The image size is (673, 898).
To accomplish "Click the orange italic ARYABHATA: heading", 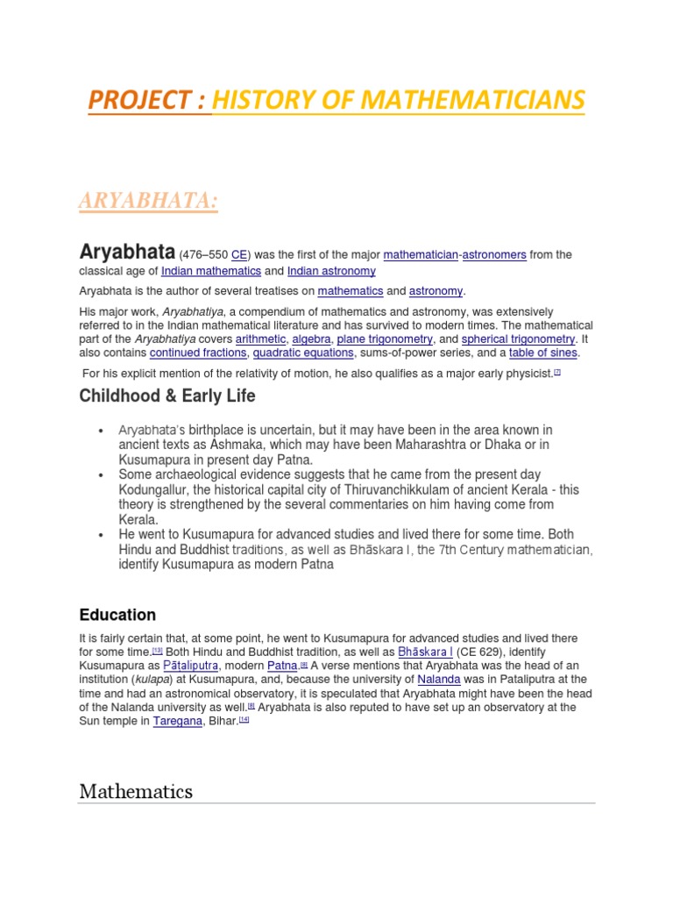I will (x=148, y=202).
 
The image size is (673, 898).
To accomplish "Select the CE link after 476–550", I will (x=240, y=255).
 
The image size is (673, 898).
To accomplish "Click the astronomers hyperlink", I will (x=494, y=255).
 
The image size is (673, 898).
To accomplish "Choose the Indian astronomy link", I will (x=331, y=272).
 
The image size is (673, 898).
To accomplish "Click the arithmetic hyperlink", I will (x=260, y=339).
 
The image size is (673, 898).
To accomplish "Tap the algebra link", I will (x=312, y=339).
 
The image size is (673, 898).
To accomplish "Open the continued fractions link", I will (x=198, y=353).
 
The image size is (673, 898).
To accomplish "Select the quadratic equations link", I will (x=303, y=353).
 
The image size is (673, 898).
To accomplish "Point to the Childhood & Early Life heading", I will (x=167, y=396).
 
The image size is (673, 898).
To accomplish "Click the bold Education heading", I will (x=117, y=615).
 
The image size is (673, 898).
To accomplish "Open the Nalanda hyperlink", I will (x=441, y=680).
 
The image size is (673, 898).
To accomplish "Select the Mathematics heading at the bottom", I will (x=136, y=792).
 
